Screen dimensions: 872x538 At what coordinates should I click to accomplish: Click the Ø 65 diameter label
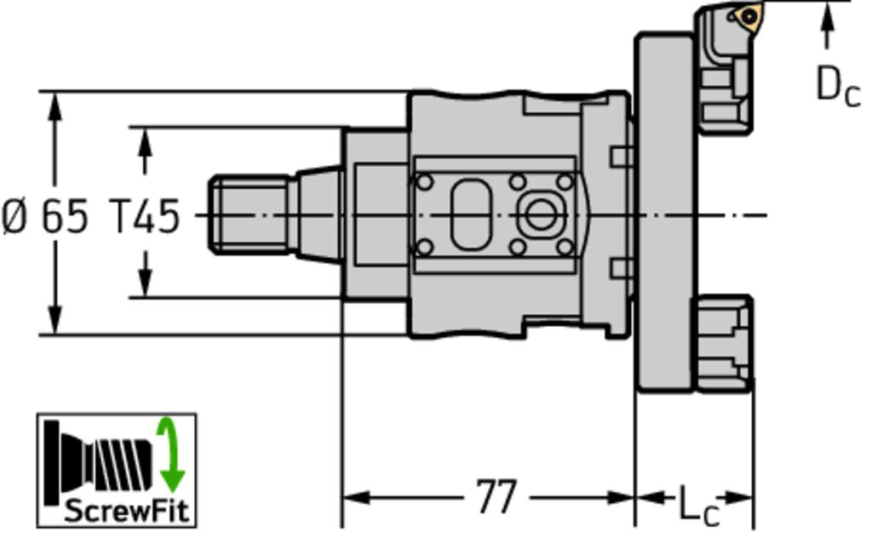point(45,216)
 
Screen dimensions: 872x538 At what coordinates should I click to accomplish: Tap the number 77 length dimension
point(496,497)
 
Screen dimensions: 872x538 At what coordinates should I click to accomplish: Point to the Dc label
point(838,85)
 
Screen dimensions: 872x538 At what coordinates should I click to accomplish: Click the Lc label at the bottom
point(699,505)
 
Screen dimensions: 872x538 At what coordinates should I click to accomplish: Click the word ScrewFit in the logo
point(127,510)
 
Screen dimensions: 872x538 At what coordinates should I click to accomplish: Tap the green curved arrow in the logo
point(170,455)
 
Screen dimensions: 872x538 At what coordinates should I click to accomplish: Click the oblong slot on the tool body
point(470,215)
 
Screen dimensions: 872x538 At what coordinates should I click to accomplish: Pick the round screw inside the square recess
point(540,215)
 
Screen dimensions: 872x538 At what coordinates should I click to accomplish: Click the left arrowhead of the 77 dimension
point(356,497)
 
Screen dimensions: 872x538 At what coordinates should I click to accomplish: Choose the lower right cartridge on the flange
point(722,343)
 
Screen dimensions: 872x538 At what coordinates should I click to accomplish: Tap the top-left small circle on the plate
point(424,182)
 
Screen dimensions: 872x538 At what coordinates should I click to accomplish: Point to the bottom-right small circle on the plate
point(565,247)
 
